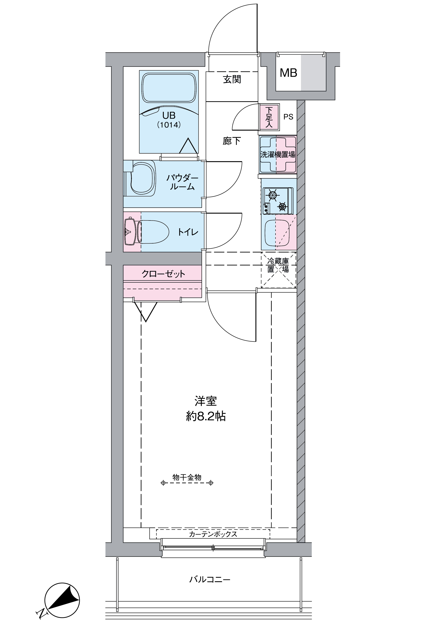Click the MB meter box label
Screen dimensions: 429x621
click(x=288, y=73)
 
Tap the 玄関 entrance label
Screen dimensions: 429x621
click(x=232, y=79)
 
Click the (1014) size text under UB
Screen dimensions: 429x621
click(x=169, y=125)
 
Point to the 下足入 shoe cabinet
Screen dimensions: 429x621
click(x=269, y=117)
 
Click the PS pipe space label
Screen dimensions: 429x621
click(x=288, y=117)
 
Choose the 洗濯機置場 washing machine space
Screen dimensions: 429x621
click(x=278, y=155)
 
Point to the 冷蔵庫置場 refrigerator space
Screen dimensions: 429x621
click(x=278, y=269)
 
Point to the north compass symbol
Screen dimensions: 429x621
click(x=62, y=601)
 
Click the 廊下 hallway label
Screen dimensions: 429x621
click(x=232, y=141)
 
